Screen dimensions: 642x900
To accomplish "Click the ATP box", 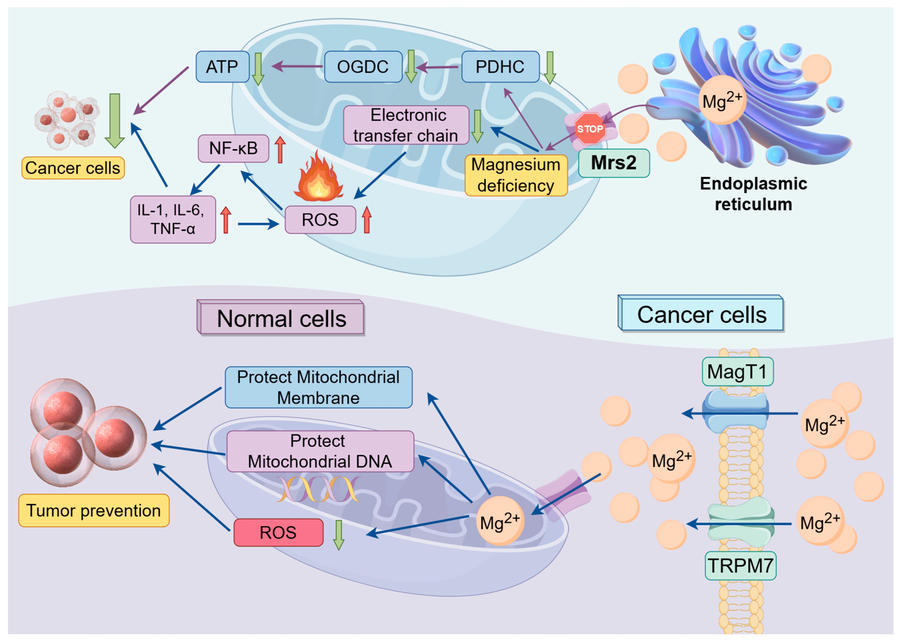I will click(x=222, y=66).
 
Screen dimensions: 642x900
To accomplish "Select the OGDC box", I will click(x=362, y=66).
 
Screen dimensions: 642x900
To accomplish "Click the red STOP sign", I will click(x=589, y=129).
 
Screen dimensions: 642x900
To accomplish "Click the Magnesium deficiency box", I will click(x=516, y=175).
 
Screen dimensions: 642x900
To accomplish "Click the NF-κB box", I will click(x=233, y=148).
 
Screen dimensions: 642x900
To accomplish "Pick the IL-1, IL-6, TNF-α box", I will click(x=173, y=219).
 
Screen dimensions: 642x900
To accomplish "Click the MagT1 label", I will click(x=737, y=372).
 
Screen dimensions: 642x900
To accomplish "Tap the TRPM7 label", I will click(x=740, y=565).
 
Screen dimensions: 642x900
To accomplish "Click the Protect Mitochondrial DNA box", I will click(x=320, y=451).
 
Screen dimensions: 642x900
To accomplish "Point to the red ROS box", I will click(x=278, y=532).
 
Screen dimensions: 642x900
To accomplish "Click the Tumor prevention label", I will click(x=94, y=510).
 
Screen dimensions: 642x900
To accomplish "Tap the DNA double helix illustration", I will click(x=318, y=489).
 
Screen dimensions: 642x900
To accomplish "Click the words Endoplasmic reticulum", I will click(x=753, y=194).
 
